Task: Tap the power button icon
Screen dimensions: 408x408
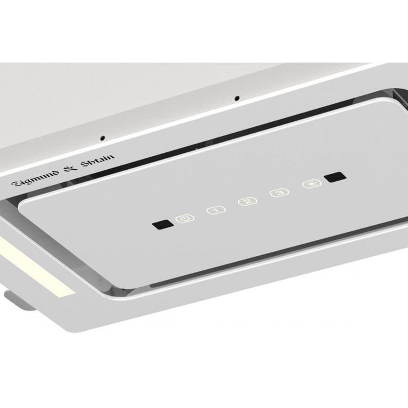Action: point(185,218)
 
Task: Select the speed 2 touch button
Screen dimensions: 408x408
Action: point(248,201)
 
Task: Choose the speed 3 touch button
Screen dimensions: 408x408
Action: point(280,193)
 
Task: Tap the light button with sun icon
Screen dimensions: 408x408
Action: point(312,184)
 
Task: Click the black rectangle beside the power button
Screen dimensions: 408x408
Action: point(163,224)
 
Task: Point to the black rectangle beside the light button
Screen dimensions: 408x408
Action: point(335,177)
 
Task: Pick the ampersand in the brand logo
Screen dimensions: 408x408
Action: point(71,168)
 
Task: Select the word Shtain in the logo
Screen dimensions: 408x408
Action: point(97,160)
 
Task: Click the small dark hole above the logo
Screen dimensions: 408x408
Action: point(103,138)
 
